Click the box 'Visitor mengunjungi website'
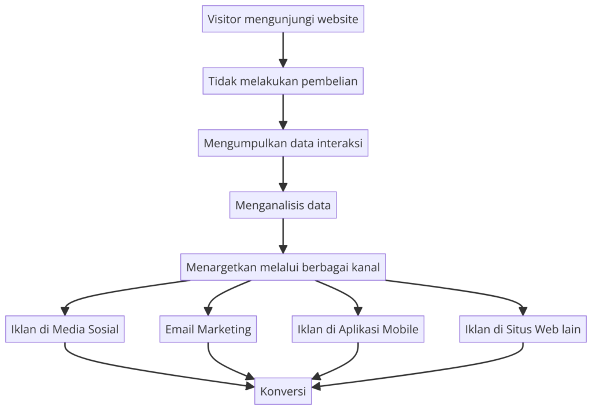coord(283,19)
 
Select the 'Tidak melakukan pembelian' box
coord(283,81)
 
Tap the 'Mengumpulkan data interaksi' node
coord(283,143)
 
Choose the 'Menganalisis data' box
coord(283,205)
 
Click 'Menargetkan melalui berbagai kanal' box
coord(283,267)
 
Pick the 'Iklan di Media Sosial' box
coord(65,329)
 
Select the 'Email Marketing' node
coord(208,329)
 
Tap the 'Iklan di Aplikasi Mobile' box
coord(358,329)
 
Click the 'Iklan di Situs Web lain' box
coord(523,329)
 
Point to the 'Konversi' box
coord(283,391)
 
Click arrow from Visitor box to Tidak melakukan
coord(283,49)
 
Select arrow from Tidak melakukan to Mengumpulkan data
coord(283,111)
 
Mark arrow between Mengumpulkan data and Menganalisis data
coord(283,173)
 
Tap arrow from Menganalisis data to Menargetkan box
coord(283,235)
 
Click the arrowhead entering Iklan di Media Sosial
coord(65,311)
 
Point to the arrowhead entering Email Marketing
coord(208,311)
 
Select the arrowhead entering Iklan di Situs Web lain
coord(523,311)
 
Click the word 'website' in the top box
coord(336,19)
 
